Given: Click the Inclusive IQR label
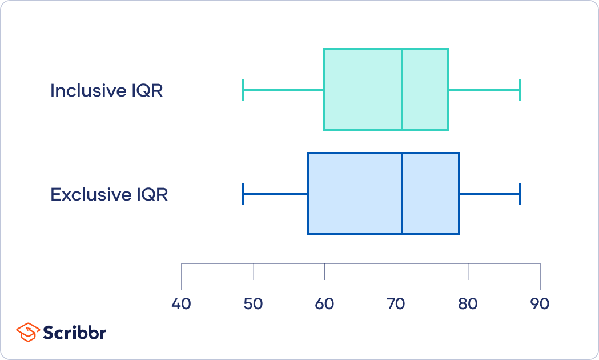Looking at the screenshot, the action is click(107, 91).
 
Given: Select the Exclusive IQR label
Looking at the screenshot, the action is click(109, 194).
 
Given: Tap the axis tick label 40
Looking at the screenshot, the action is click(181, 304).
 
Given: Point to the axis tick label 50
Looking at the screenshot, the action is click(254, 304).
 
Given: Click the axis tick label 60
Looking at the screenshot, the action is click(325, 304).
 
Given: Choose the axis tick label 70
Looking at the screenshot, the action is click(396, 304).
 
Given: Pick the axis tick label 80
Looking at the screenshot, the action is click(468, 304).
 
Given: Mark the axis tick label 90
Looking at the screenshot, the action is click(540, 304).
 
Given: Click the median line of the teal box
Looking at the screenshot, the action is click(402, 89).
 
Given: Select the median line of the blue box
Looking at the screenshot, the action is click(402, 193).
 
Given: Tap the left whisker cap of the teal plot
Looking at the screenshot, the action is click(243, 90).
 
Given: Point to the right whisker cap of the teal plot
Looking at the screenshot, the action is click(520, 90).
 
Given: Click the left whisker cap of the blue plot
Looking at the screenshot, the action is click(243, 194).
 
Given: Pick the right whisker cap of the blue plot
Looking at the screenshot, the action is click(520, 194).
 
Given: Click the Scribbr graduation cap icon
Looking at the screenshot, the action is click(28, 332).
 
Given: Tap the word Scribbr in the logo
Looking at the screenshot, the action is click(74, 333).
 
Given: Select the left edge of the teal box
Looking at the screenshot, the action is click(324, 89).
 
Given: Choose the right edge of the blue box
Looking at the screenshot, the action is click(459, 193).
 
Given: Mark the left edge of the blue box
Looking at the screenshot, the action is click(308, 193).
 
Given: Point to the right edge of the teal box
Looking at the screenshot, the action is click(448, 89).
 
